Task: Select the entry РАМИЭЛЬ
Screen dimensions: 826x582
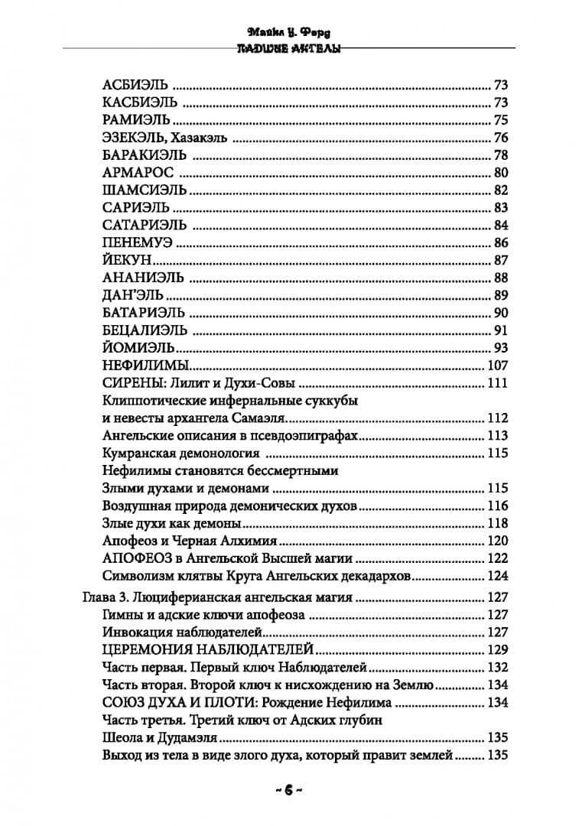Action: (x=134, y=120)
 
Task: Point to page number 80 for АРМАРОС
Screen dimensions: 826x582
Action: (x=502, y=173)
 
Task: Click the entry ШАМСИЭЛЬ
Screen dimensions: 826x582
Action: (x=138, y=190)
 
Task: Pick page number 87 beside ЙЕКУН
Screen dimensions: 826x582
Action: (x=502, y=261)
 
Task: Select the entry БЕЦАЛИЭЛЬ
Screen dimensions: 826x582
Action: (x=143, y=331)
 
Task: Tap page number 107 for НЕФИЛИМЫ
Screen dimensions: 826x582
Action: (x=498, y=366)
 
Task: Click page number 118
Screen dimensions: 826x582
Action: (x=498, y=524)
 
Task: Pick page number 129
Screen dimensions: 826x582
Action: (x=498, y=651)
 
